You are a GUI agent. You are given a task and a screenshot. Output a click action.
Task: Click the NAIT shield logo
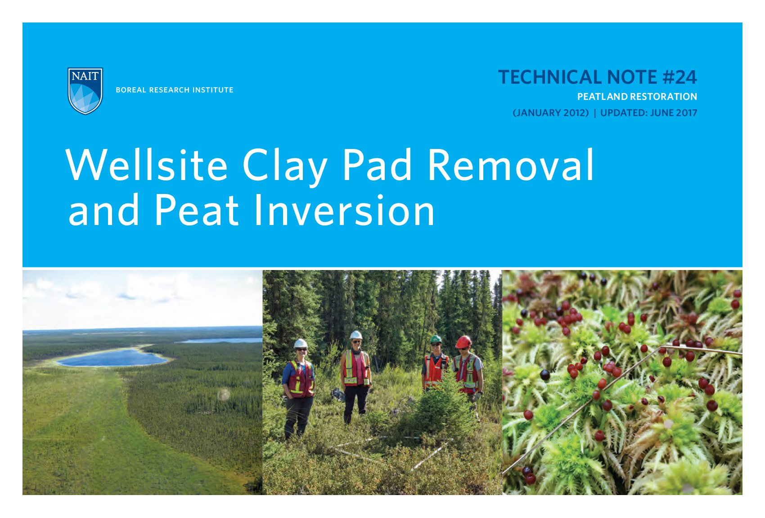point(85,90)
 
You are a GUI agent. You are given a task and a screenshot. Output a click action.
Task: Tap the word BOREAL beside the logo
point(131,90)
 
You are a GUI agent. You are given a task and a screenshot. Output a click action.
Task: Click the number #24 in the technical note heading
point(679,77)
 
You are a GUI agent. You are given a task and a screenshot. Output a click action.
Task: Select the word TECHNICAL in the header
point(549,77)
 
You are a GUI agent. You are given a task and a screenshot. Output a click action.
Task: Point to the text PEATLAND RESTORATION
point(637,97)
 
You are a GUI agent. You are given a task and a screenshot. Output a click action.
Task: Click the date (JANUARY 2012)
point(551,113)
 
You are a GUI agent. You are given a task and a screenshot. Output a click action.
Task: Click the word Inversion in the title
point(344,210)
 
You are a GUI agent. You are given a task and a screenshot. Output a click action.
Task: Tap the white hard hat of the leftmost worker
point(300,344)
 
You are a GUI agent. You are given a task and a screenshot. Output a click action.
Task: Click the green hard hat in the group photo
point(436,339)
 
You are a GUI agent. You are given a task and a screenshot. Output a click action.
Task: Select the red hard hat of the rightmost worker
point(463,342)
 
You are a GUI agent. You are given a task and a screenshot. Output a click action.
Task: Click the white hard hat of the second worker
point(356,335)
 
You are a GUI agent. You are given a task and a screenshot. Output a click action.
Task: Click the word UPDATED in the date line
point(623,113)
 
